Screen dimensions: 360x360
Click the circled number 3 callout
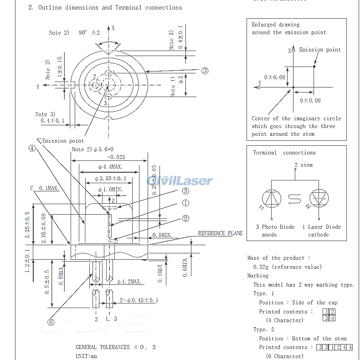[205, 71]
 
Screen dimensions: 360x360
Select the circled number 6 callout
[51, 322]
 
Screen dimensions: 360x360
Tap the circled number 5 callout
[185, 191]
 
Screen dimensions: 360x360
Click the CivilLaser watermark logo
[180, 181]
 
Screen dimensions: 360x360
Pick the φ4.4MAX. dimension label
[108, 167]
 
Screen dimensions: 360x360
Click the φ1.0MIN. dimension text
[111, 190]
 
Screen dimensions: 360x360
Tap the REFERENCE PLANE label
[220, 233]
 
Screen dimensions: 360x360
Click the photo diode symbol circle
[272, 199]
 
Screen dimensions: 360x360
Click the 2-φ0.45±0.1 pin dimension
[139, 300]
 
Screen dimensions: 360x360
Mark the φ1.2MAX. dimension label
[130, 282]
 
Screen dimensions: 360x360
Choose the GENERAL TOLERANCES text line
[116, 347]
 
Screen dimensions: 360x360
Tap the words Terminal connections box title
[284, 153]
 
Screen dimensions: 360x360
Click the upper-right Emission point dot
[314, 67]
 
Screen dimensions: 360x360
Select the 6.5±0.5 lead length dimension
[47, 282]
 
